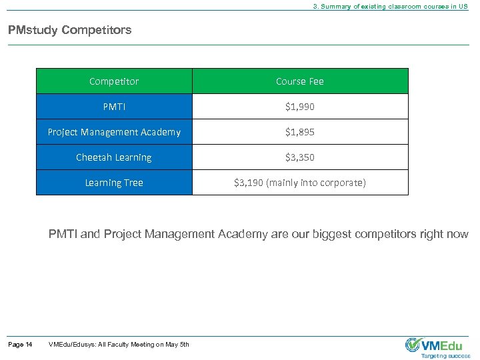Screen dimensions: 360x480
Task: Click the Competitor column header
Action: coord(114,81)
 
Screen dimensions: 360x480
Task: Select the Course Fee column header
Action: coord(300,81)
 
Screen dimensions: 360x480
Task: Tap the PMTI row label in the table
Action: coord(114,107)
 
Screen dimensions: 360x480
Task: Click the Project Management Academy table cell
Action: coord(114,132)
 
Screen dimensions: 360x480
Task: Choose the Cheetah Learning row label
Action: coord(114,157)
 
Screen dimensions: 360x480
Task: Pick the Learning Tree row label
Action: coord(114,183)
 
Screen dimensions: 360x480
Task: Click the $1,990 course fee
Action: coord(300,107)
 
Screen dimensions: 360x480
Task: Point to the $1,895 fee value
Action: coord(300,132)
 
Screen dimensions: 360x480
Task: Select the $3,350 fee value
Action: coord(300,157)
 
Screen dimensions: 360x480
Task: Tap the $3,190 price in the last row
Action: coord(248,183)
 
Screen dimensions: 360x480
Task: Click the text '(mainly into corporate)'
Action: coord(316,183)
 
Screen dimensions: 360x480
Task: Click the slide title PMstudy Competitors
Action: coord(70,30)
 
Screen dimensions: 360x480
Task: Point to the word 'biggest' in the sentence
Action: coord(311,234)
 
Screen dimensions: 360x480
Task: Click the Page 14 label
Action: coord(20,345)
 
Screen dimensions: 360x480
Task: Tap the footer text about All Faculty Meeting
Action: coord(119,345)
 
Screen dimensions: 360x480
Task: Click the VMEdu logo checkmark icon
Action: coord(413,344)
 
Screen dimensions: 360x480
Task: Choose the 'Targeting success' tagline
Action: coord(446,356)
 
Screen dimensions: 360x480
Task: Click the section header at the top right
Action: coord(391,6)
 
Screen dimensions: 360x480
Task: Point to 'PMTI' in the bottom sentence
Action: coord(63,234)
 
